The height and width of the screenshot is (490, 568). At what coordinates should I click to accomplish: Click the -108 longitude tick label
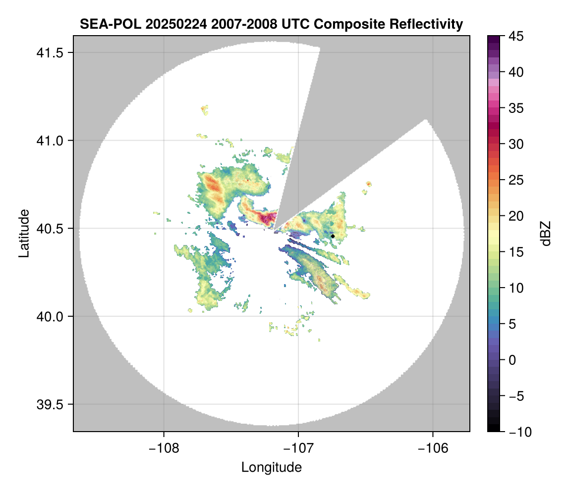163,448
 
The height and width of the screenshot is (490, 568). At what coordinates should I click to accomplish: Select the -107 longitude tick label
298,448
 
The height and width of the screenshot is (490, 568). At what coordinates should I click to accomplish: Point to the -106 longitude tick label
433,448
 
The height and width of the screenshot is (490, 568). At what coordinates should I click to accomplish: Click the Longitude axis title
272,467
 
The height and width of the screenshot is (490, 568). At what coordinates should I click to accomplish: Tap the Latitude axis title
23,233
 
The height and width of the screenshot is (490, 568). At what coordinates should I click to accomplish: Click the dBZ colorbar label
546,233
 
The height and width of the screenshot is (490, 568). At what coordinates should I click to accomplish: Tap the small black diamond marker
333,236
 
